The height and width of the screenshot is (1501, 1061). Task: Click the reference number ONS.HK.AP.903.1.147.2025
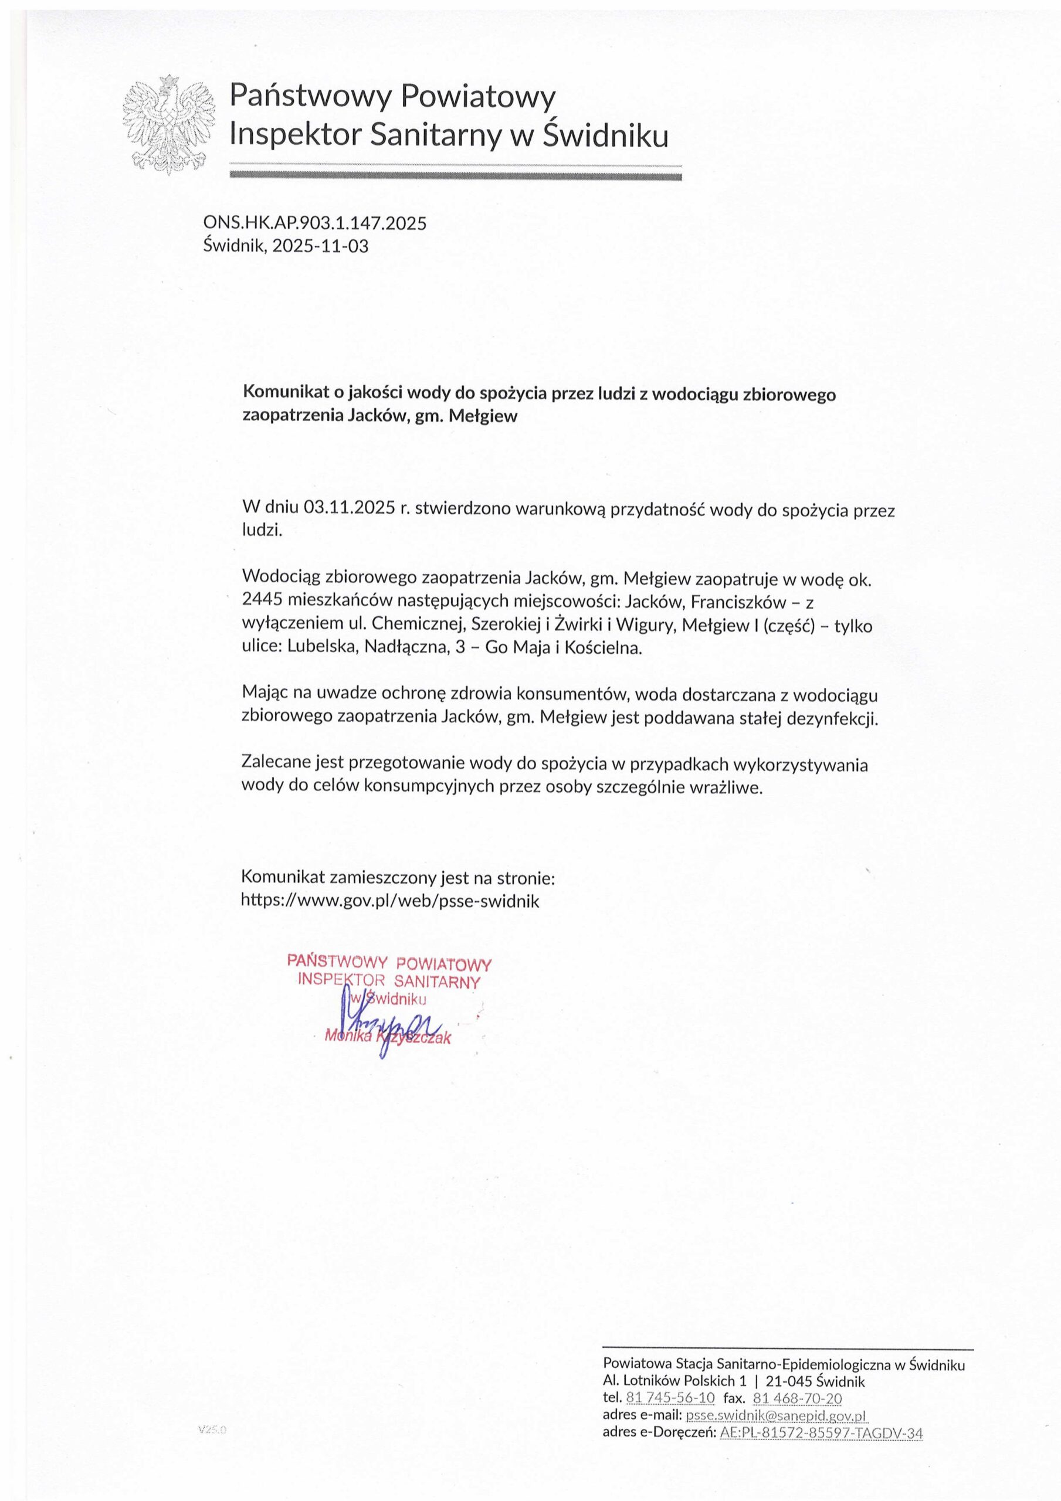click(x=314, y=223)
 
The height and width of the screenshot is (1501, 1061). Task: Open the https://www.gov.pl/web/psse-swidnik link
click(x=391, y=901)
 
